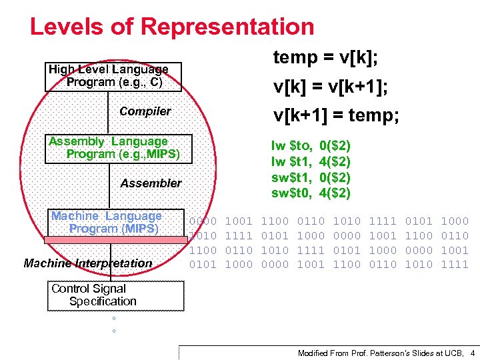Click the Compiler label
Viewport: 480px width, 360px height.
coord(145,111)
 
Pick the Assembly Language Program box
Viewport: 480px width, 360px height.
coord(119,148)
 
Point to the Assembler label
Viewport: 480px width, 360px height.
coord(151,183)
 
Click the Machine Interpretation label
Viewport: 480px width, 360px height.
coord(88,263)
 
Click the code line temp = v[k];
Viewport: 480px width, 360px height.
coord(326,59)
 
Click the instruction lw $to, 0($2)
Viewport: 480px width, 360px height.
coord(311,145)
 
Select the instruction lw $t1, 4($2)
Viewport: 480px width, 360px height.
coord(311,161)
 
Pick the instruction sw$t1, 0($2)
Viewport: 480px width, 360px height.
coord(311,177)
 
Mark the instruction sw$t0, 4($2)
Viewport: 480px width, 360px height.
coord(311,193)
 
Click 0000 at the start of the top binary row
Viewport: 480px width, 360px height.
coord(203,221)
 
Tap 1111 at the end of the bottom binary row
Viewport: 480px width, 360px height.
coord(455,265)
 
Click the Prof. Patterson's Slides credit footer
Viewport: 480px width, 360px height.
coord(381,353)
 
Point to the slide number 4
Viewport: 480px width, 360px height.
coord(472,353)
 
